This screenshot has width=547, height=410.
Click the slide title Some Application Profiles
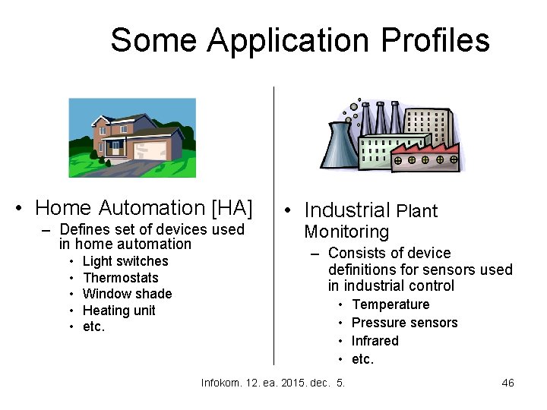pos(299,39)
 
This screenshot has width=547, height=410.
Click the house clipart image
pos(132,137)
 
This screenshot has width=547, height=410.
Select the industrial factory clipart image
pos(390,136)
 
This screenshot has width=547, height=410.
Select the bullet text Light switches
pos(125,261)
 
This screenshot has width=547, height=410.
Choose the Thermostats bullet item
pos(121,278)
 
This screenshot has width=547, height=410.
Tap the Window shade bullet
pos(127,294)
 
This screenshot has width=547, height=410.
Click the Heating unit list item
pos(119,311)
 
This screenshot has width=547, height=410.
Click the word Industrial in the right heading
pos(347,210)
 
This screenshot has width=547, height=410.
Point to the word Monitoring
pos(346,232)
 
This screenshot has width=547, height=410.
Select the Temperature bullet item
pos(390,304)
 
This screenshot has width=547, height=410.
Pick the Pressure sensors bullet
pos(404,323)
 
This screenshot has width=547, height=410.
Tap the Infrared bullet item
pos(375,341)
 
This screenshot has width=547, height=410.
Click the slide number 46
pos(507,383)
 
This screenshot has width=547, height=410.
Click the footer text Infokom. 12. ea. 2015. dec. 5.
pos(273,383)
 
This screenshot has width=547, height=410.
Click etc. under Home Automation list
pos(94,327)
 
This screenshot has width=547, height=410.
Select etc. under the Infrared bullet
pos(363,359)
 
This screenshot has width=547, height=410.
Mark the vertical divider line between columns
pos(273,228)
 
